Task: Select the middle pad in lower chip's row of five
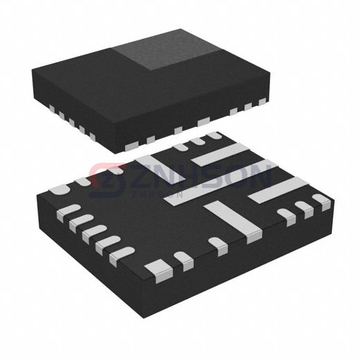tap(92, 232)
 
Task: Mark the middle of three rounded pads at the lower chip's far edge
tap(197, 142)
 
